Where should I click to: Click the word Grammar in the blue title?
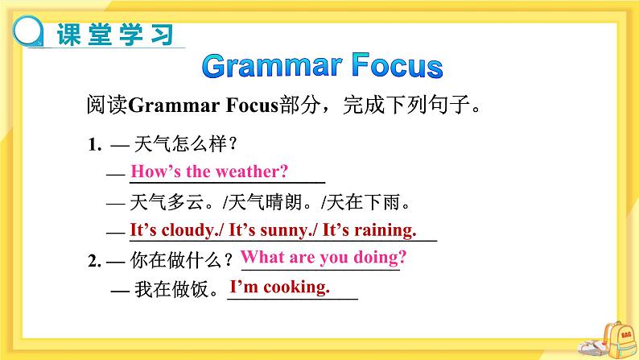[x=272, y=66]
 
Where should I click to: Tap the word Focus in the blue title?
[x=398, y=65]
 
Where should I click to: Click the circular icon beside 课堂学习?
[x=27, y=31]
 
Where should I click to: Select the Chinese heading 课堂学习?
[x=115, y=35]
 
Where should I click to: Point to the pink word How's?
[x=155, y=172]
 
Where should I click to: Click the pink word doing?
[x=380, y=258]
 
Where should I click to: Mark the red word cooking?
[x=296, y=287]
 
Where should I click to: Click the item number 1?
[x=94, y=144]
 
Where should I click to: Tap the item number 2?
[x=94, y=260]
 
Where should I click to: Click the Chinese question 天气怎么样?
[x=180, y=144]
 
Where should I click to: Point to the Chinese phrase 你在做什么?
[x=176, y=260]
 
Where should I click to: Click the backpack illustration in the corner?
[x=618, y=341]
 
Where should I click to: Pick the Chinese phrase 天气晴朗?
[x=265, y=202]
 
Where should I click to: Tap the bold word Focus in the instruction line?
[x=252, y=105]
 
